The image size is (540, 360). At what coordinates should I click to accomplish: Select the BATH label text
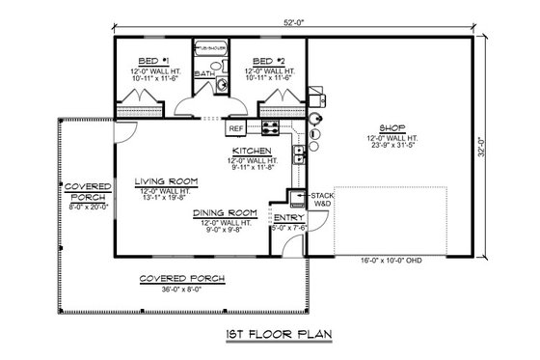[x=205, y=74]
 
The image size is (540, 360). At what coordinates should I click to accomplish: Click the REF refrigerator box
[x=235, y=127]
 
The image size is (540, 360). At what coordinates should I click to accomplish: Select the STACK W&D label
[x=321, y=200]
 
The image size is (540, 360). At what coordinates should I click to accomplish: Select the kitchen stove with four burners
[x=272, y=127]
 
